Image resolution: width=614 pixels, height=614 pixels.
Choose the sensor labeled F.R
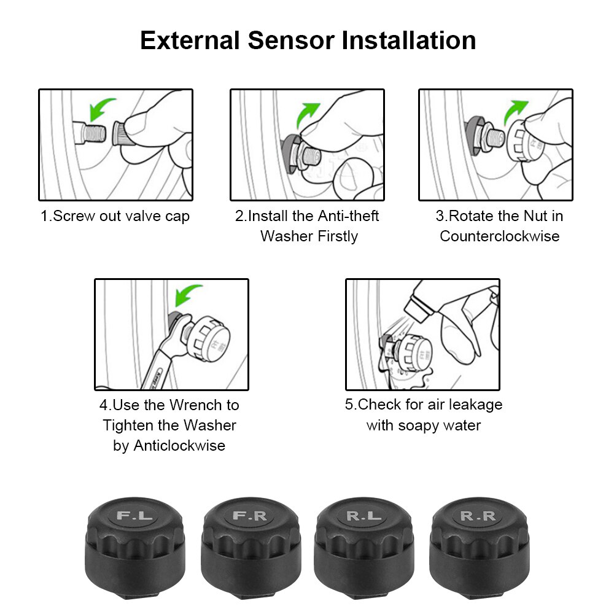(x=251, y=540)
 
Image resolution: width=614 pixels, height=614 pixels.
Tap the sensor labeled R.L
(x=363, y=540)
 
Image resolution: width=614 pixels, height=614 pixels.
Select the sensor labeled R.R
(x=479, y=540)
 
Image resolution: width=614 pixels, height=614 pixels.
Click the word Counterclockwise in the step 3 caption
(x=500, y=236)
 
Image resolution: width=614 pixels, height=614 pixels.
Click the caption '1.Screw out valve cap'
(x=115, y=216)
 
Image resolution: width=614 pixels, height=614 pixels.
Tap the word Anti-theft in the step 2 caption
(x=348, y=216)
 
